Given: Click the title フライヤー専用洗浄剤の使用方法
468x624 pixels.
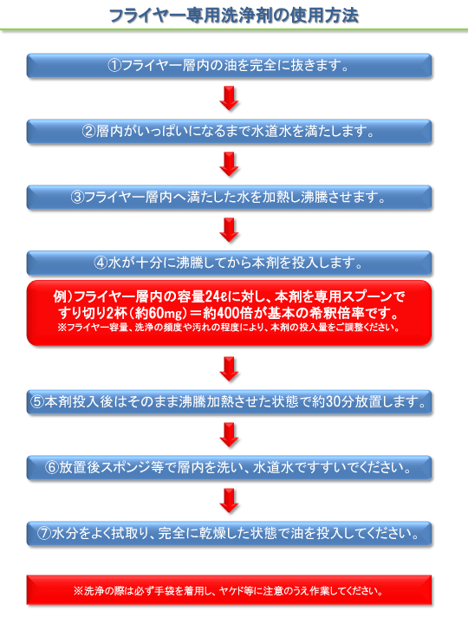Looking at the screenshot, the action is [x=234, y=16].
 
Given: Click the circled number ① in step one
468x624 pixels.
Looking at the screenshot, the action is [x=114, y=65].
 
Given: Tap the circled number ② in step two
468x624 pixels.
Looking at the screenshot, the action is [x=89, y=132].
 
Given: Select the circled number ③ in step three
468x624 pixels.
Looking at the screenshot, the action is [x=78, y=197].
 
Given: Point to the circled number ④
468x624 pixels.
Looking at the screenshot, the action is [x=101, y=263].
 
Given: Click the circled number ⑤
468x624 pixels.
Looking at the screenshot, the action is [x=37, y=402].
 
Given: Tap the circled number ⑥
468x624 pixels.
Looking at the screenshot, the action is [x=52, y=468].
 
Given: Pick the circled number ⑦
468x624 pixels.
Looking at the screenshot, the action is [x=44, y=533].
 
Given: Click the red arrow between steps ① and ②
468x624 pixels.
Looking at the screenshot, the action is [x=229, y=98].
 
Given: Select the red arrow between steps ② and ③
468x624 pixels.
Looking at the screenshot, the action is [x=229, y=164].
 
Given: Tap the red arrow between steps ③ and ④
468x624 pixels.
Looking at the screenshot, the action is [x=229, y=230].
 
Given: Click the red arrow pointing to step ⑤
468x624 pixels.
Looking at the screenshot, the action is [x=229, y=369].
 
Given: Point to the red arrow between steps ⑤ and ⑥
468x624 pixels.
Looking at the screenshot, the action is [x=229, y=434].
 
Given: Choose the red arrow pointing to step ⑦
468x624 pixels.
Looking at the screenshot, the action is [x=229, y=500].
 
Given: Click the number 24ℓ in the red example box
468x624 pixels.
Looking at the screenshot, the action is [x=216, y=296].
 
